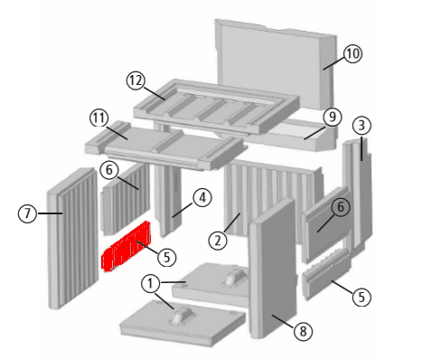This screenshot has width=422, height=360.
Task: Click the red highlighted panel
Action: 126,246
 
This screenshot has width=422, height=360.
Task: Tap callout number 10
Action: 352,54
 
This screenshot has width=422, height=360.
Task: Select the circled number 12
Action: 136,81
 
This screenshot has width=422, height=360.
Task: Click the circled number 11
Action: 99,118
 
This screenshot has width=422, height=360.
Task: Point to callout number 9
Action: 332,117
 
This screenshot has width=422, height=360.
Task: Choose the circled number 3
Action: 361,126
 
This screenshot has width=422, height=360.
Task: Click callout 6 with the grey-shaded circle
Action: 341,207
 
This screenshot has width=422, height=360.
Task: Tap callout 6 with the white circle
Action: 109,170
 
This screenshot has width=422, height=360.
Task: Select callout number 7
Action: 27,213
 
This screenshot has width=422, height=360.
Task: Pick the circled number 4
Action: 202,198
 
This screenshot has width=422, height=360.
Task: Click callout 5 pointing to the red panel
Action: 166,257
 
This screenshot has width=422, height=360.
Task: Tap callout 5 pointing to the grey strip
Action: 361,297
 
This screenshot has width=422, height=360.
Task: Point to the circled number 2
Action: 218,241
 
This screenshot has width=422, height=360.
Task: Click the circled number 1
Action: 150,283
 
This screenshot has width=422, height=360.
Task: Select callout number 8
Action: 303,332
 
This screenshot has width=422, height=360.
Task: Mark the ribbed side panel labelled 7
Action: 73,238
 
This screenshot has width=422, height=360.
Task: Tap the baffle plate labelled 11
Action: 165,146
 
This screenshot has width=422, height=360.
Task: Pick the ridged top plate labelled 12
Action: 216,106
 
